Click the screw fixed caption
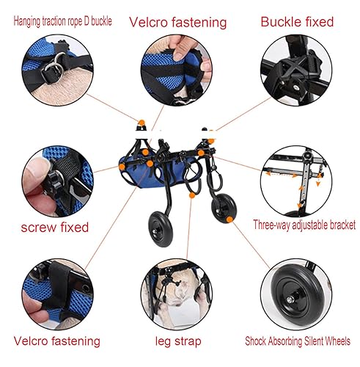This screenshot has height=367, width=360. [x=54, y=227]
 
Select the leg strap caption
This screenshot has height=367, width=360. [x=177, y=341]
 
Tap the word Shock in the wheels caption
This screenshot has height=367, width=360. [x=261, y=341]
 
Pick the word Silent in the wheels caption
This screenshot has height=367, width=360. [x=316, y=341]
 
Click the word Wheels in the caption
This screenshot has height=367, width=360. [x=341, y=341]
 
